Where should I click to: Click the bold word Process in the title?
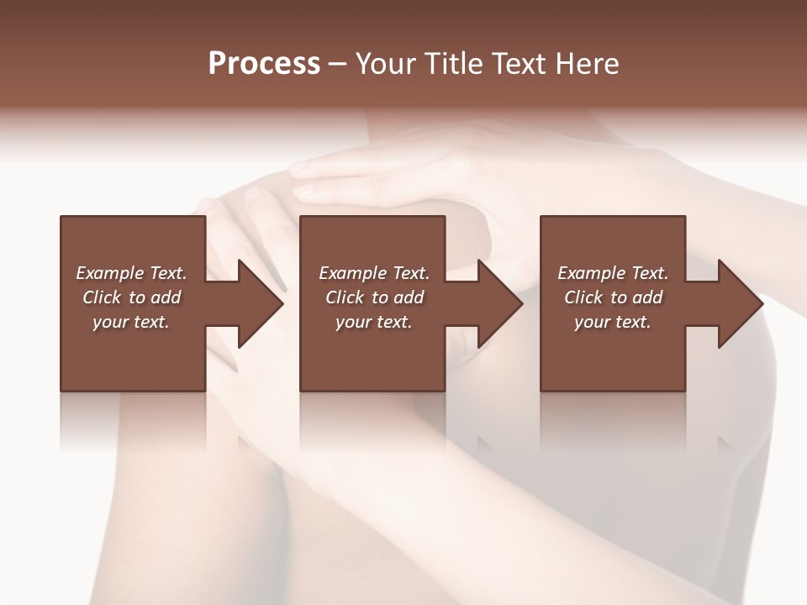point(264,64)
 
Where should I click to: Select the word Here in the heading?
point(588,64)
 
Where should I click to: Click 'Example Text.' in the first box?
point(131,273)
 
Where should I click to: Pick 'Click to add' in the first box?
point(132,297)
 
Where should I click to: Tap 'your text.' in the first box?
point(131,322)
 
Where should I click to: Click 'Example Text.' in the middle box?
point(374,273)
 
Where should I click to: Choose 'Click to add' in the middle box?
point(374,297)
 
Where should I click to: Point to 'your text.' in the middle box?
point(373,322)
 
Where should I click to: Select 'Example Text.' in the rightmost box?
point(613,273)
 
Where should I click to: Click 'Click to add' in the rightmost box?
point(614,297)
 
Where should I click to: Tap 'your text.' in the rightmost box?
point(613,322)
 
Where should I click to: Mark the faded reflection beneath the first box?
point(133,420)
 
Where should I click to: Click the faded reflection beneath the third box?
point(613,420)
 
